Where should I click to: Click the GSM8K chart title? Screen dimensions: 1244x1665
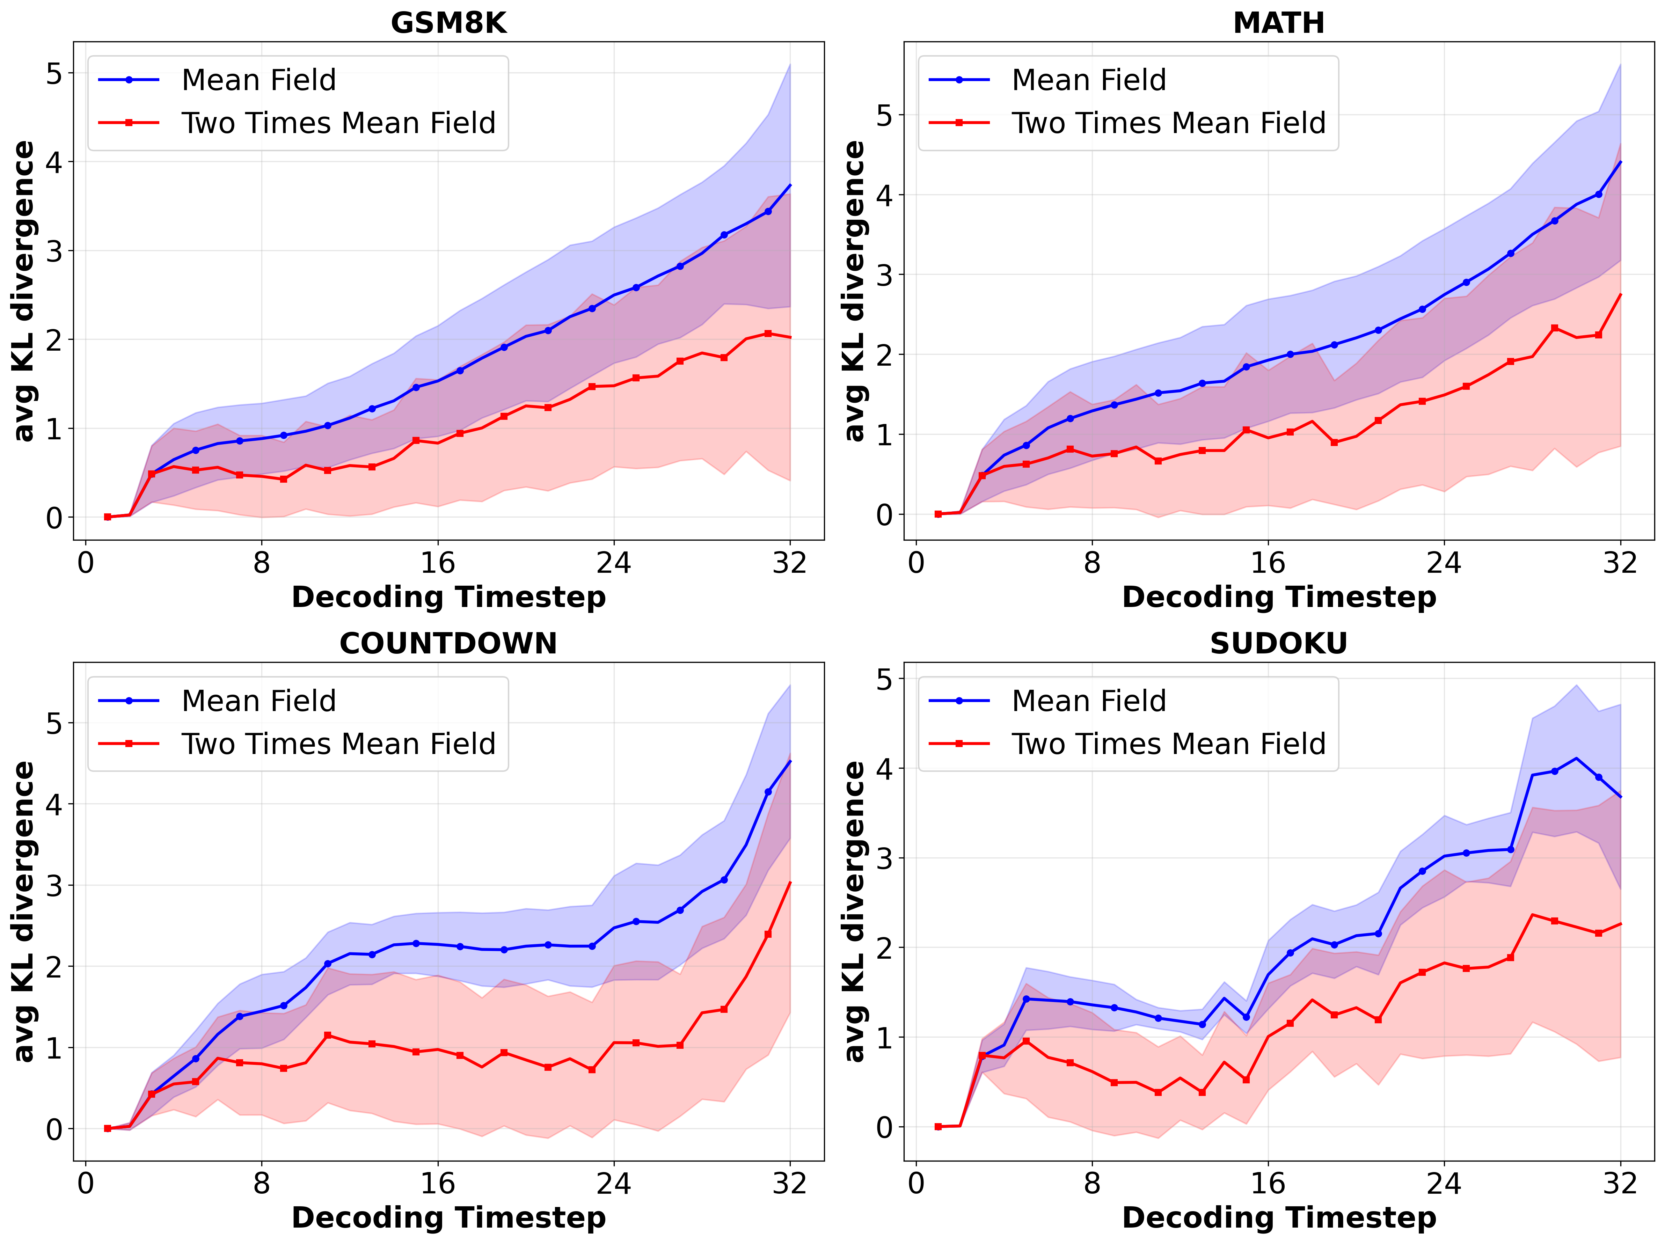pos(448,23)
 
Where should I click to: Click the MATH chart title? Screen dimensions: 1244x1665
pos(1279,23)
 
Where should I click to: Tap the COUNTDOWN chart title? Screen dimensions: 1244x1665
pos(448,643)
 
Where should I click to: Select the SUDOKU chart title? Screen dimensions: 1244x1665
pos(1279,643)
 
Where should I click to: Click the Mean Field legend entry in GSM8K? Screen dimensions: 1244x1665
pos(258,80)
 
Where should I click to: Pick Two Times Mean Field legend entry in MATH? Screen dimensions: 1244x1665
pos(1168,123)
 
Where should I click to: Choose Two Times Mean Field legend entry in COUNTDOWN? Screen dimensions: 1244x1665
pos(338,744)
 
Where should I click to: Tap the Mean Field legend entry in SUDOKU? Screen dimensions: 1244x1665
pos(1088,701)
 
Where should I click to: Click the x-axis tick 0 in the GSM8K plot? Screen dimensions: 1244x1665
pos(86,563)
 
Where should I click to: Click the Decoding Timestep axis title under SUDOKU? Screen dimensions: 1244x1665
pos(1279,1218)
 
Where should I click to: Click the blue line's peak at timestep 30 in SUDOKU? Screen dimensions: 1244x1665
pos(1576,758)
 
